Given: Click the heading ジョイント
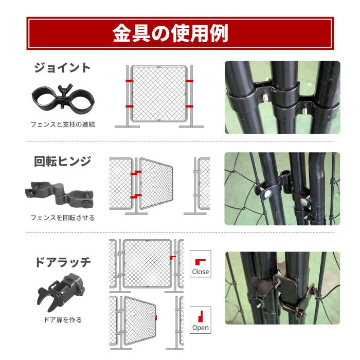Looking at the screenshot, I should click(62, 68).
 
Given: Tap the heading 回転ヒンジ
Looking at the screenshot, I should click(62, 161).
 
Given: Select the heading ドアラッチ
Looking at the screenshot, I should click(62, 262).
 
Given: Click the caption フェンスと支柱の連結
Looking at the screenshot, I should click(62, 124).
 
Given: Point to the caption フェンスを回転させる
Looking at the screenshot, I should click(62, 218).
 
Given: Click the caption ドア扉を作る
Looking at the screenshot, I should click(62, 320).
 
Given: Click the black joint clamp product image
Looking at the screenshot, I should click(62, 98).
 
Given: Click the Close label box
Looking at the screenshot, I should click(200, 264).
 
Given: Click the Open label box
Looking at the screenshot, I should click(200, 320).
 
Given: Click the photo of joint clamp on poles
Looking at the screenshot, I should click(282, 98).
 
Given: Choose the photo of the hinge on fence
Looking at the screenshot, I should click(282, 189).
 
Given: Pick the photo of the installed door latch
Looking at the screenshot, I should click(282, 288).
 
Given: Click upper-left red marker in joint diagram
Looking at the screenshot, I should click(129, 81).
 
